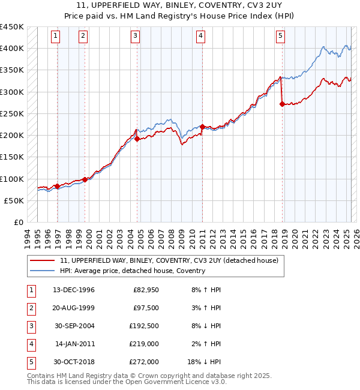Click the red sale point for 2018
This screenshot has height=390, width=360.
tap(282, 104)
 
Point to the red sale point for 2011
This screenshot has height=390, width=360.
tap(203, 127)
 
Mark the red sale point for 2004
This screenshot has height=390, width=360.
tap(137, 139)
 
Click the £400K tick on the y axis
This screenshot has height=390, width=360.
tap(12, 49)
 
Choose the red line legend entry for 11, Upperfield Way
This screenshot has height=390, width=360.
tap(169, 261)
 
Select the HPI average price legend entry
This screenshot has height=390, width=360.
tap(132, 271)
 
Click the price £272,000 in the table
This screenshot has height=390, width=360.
tap(145, 362)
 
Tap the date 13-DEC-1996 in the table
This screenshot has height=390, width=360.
tap(74, 290)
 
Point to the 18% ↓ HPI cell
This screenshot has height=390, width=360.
tap(205, 362)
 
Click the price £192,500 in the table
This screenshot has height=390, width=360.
tap(145, 326)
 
